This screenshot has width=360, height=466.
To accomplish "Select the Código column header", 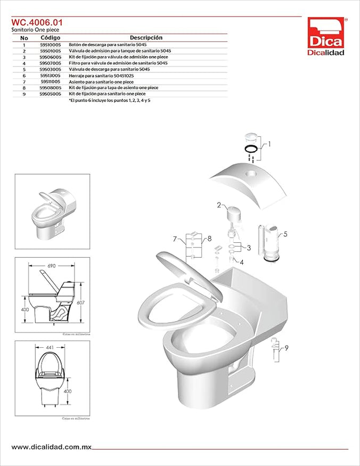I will (x=51, y=38).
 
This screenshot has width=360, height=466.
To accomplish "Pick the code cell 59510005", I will (x=51, y=45).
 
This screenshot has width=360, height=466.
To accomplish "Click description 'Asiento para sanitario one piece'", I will (x=101, y=81).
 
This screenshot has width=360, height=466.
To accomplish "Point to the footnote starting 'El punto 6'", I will (x=109, y=100).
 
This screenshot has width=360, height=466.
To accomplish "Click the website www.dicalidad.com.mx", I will (x=50, y=447).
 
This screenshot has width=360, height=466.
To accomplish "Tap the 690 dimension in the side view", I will (x=52, y=265).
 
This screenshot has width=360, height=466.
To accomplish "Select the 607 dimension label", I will (x=80, y=302).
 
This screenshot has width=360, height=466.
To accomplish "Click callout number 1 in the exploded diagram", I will (x=269, y=144).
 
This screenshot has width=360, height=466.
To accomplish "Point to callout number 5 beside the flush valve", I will (x=285, y=233).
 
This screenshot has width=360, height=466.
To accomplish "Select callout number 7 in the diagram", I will (x=174, y=239).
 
